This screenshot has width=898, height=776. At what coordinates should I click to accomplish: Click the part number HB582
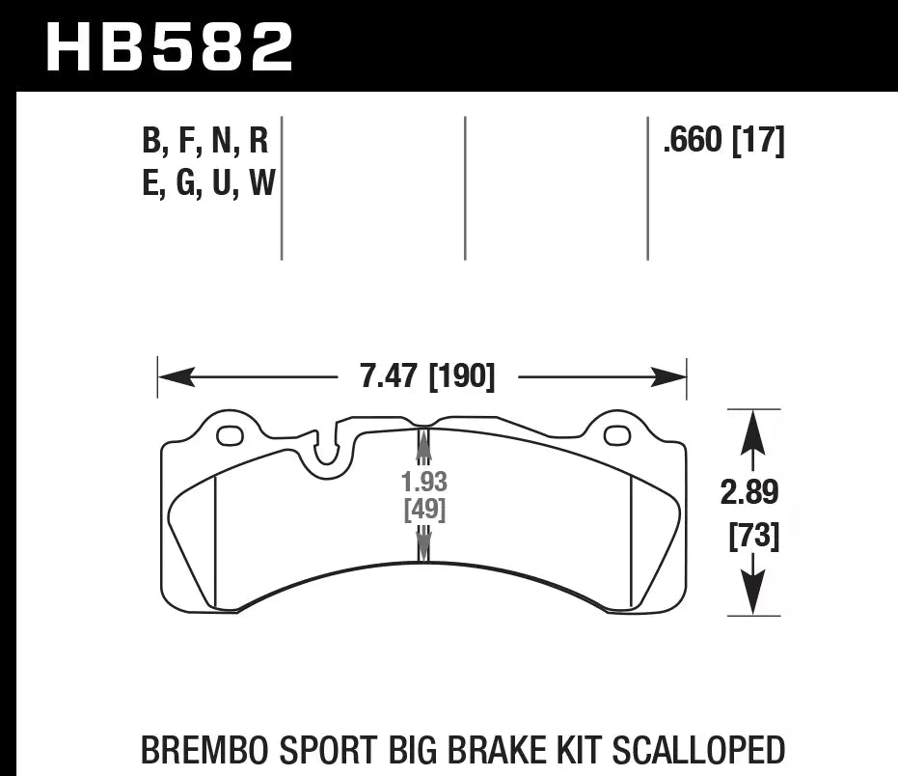click(170, 46)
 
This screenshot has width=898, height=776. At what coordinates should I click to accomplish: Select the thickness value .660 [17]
click(723, 142)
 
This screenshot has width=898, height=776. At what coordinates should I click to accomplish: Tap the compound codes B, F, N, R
click(204, 142)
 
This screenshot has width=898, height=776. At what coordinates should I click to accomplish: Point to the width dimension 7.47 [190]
click(426, 376)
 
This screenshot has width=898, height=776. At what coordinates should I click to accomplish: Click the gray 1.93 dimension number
click(423, 483)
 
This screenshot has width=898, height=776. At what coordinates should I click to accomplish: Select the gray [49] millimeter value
click(423, 511)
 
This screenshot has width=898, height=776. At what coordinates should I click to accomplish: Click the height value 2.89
click(751, 493)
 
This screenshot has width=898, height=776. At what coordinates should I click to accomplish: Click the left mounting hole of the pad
click(231, 436)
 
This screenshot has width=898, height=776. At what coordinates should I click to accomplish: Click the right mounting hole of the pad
click(616, 436)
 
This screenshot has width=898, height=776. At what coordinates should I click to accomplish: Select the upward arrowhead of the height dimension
click(751, 430)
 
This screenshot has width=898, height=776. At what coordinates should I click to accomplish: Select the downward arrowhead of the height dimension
click(751, 596)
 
